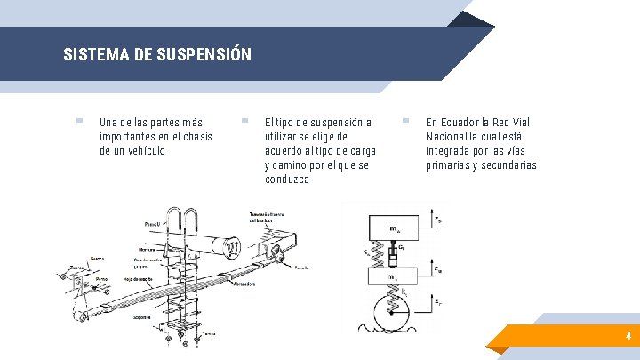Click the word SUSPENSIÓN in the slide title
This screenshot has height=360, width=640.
pyautogui.click(x=204, y=54)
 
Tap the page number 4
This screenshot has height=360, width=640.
pyautogui.click(x=628, y=336)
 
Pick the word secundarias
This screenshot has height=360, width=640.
pyautogui.click(x=507, y=164)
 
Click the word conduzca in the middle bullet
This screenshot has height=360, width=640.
pyautogui.click(x=287, y=179)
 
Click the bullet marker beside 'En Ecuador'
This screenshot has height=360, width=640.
pyautogui.click(x=405, y=121)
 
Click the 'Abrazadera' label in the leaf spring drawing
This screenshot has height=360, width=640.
pyautogui.click(x=245, y=284)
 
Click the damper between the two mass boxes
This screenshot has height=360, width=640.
pyautogui.click(x=403, y=256)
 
